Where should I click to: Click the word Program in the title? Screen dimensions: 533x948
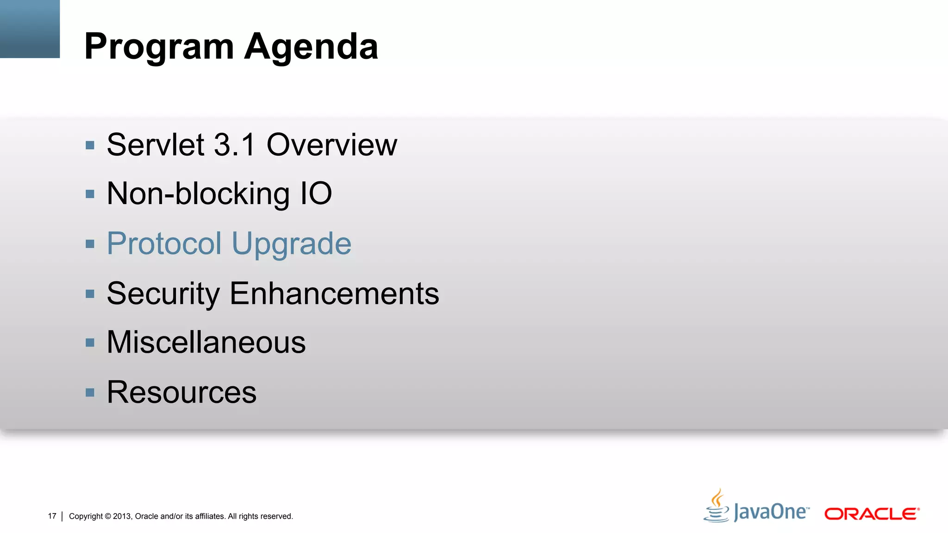[159, 47]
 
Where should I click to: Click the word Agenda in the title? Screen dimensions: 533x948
[311, 47]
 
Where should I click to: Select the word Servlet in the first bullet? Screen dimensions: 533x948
[156, 145]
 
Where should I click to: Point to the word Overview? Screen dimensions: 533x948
[331, 145]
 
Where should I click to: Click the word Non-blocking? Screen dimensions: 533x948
[198, 194]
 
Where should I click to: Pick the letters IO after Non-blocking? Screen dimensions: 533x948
[316, 193]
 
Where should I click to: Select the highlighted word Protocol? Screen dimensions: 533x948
[164, 243]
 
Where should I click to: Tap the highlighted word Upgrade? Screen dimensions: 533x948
[291, 244]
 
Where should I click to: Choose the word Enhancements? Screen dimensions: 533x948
[334, 293]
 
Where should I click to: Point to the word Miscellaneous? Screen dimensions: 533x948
[206, 343]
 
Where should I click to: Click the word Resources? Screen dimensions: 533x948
[181, 392]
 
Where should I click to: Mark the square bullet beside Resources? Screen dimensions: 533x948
[90, 393]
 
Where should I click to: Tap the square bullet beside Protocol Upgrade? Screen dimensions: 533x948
[90, 244]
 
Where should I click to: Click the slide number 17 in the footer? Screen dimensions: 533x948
[52, 516]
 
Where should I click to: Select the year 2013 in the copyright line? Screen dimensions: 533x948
[122, 516]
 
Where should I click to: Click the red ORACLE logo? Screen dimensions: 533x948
[872, 514]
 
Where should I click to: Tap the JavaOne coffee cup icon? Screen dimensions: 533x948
[717, 506]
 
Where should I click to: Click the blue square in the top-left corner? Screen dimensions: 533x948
[30, 29]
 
